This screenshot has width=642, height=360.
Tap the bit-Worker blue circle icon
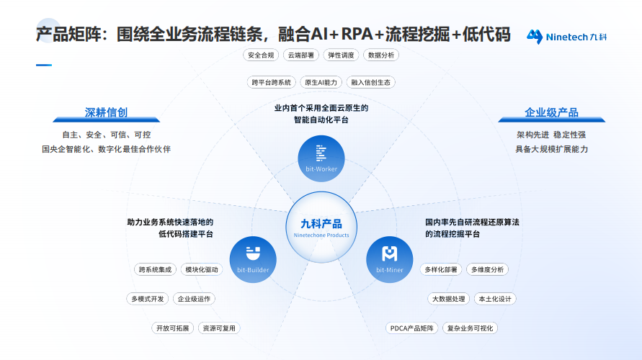[321, 156]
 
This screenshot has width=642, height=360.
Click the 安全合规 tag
[261, 55]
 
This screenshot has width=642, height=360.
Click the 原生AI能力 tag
[320, 82]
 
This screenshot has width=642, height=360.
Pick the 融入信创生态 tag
[371, 82]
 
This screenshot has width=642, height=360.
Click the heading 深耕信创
[106, 112]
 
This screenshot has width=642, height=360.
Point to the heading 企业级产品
[551, 112]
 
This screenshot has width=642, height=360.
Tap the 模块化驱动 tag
[202, 269]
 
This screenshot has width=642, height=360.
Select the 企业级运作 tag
[194, 299]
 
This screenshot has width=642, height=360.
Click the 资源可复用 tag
[219, 328]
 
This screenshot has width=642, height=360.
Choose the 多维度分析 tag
[488, 269]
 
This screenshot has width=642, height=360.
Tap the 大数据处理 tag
[448, 299]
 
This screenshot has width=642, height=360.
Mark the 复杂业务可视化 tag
[470, 328]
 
